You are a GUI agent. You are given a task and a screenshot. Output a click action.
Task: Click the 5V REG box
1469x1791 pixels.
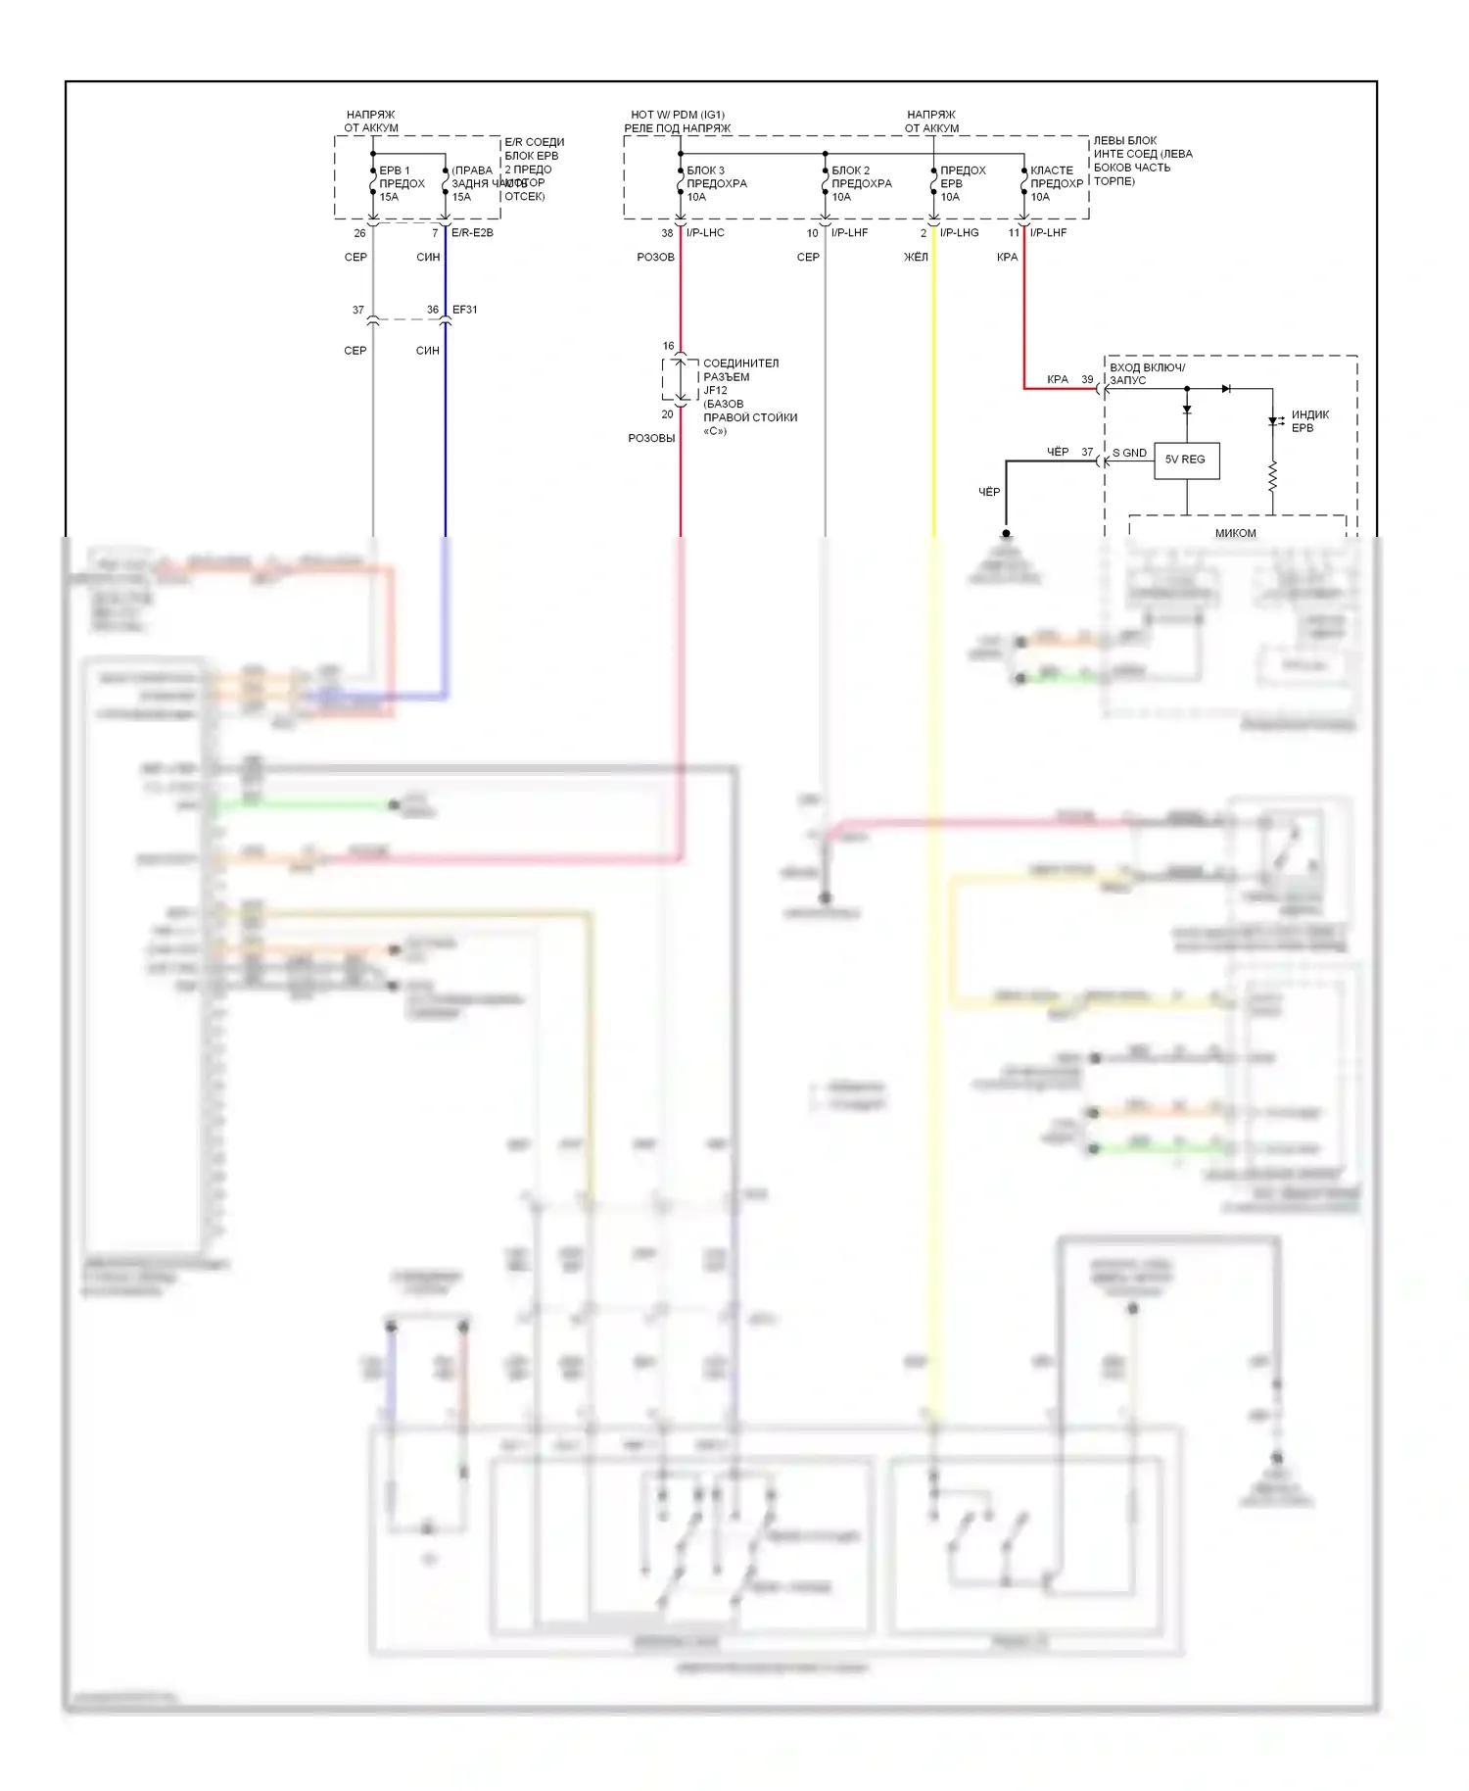(x=1186, y=460)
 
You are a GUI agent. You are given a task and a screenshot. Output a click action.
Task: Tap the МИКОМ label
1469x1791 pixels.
(x=1235, y=533)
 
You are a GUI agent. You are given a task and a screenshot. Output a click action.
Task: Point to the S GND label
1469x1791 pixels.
(x=1129, y=453)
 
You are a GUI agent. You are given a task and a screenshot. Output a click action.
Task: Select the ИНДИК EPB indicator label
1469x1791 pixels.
(x=1309, y=421)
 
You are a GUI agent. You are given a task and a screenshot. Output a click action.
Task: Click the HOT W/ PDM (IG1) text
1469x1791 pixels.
(x=678, y=115)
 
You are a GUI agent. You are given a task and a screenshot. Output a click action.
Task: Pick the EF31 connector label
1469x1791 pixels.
(x=465, y=310)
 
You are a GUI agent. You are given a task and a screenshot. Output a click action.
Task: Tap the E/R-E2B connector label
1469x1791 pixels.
(x=472, y=233)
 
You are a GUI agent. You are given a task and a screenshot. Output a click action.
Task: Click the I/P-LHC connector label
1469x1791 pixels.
(x=705, y=233)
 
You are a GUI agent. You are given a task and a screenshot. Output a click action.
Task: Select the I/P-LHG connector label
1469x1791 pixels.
(x=959, y=233)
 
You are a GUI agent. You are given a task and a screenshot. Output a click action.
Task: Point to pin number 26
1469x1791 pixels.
(x=359, y=233)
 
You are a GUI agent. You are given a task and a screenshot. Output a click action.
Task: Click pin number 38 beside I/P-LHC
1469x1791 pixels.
(x=667, y=233)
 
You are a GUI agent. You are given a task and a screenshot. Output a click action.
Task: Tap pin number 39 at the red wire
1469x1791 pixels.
(x=1087, y=379)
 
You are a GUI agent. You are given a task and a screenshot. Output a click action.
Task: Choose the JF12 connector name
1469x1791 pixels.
(x=716, y=390)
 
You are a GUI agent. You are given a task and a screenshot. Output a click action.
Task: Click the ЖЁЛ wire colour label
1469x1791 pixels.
(x=916, y=258)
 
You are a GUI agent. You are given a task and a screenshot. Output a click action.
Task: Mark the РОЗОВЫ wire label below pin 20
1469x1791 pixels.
(x=651, y=438)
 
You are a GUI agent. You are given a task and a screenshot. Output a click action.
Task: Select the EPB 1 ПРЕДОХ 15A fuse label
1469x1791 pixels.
(x=402, y=183)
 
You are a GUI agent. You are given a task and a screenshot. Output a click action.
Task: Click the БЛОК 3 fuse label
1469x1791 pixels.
(x=706, y=170)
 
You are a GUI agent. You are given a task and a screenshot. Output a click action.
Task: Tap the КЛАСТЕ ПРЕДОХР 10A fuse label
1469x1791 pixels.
(x=1056, y=183)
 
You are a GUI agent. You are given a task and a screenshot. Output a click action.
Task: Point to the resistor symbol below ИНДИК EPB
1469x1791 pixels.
(x=1273, y=477)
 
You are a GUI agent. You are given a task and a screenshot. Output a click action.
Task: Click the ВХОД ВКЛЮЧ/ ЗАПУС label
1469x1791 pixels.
(x=1146, y=373)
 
